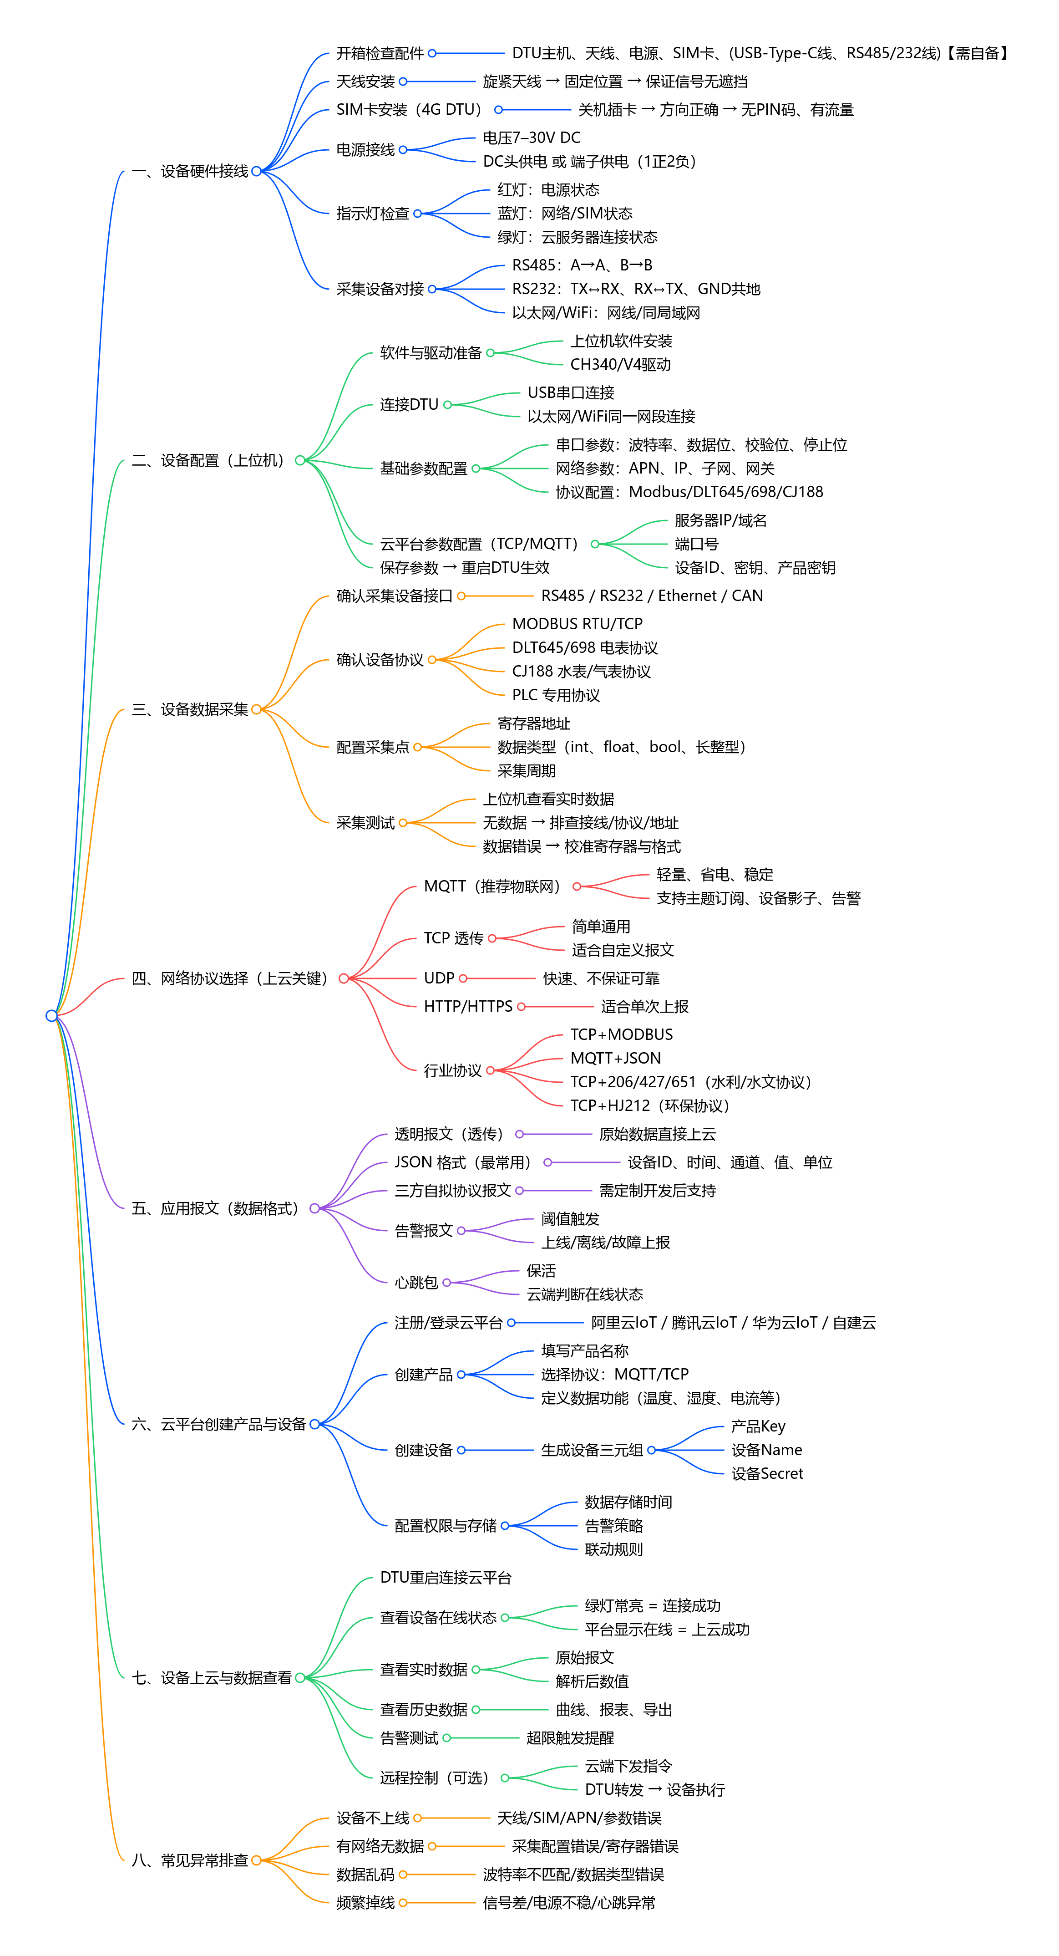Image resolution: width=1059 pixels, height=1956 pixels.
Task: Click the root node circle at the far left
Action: [x=51, y=1015]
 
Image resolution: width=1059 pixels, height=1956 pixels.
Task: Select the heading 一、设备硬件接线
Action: [x=190, y=172]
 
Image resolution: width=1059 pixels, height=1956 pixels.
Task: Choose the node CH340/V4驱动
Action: [x=620, y=364]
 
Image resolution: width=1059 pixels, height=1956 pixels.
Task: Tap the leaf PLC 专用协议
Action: [x=556, y=696]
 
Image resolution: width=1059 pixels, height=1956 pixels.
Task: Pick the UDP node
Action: [x=439, y=979]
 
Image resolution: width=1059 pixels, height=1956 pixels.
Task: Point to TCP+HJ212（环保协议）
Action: [x=649, y=1106]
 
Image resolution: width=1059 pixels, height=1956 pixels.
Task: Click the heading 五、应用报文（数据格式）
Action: [x=216, y=1209]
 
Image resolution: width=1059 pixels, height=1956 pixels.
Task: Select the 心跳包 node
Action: [x=416, y=1283]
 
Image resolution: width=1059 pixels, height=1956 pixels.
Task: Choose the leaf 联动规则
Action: [x=613, y=1550]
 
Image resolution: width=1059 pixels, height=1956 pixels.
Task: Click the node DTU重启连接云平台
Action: [x=446, y=1578]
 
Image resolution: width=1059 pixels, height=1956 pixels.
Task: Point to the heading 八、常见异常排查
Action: [x=190, y=1861]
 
